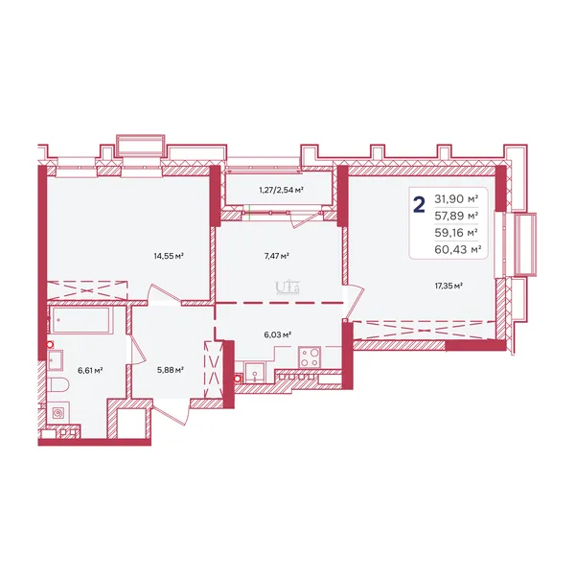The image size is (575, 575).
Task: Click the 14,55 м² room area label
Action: tap(169, 256)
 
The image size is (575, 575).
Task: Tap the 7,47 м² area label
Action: tap(277, 256)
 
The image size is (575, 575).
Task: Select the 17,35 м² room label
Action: tap(448, 286)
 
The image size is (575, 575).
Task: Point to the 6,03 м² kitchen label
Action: tap(278, 334)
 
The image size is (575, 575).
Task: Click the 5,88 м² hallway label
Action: tap(171, 370)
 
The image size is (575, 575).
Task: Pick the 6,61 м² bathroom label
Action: tap(90, 370)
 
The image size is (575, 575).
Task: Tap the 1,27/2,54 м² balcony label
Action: tap(281, 190)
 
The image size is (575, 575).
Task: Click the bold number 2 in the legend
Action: tap(419, 205)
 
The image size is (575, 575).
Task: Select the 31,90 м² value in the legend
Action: tap(456, 199)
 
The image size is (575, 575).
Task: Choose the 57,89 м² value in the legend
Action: tap(456, 216)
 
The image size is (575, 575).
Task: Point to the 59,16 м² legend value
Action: tap(456, 233)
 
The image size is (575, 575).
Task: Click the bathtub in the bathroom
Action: tap(80, 320)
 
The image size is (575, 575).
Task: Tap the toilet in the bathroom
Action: tap(58, 385)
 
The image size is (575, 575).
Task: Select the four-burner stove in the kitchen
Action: tap(310, 356)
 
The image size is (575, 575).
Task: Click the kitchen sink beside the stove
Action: tap(255, 372)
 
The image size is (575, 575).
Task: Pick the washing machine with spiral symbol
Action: tap(58, 413)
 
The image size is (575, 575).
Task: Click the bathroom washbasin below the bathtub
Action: tap(55, 360)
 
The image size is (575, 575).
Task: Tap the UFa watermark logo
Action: tap(287, 287)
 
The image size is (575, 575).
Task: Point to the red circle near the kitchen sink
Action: tap(238, 379)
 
